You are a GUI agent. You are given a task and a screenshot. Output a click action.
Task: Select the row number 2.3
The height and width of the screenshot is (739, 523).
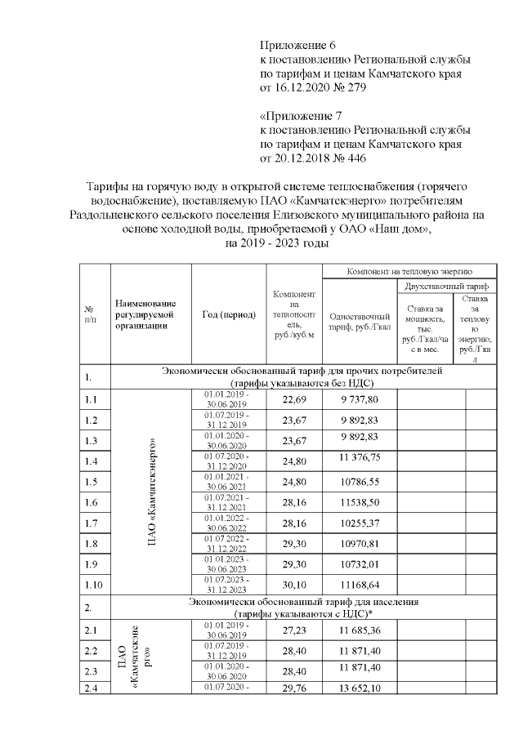click(x=92, y=671)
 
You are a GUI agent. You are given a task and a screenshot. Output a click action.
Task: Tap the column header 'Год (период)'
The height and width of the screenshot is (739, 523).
click(x=229, y=314)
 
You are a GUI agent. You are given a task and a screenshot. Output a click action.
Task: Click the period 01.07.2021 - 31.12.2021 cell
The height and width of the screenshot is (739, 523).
click(x=229, y=502)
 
